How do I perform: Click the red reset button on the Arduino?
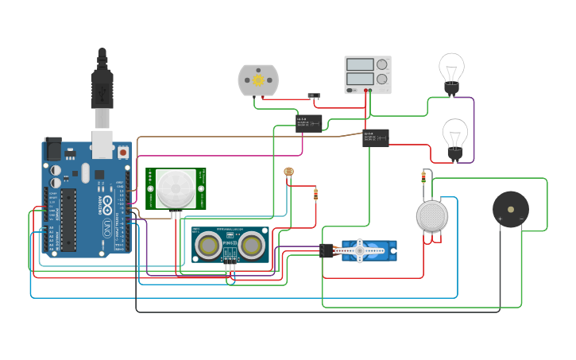[124, 152]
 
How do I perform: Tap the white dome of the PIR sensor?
[176, 188]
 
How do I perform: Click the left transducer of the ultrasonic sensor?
[209, 246]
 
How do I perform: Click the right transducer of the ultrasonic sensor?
[253, 246]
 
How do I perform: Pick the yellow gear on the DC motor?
[258, 80]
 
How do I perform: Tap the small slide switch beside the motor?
[314, 96]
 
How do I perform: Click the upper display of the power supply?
[360, 64]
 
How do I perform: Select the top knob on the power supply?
[382, 64]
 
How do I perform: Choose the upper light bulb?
[451, 71]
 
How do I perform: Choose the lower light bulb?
[454, 136]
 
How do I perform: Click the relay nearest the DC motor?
[308, 122]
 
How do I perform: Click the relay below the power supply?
[375, 137]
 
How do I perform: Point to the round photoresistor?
[288, 172]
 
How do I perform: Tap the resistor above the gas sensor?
[423, 178]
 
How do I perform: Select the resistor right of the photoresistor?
[315, 194]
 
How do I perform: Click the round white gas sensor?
[432, 215]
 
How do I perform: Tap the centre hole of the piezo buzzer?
[510, 208]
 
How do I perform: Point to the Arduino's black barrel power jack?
[53, 148]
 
